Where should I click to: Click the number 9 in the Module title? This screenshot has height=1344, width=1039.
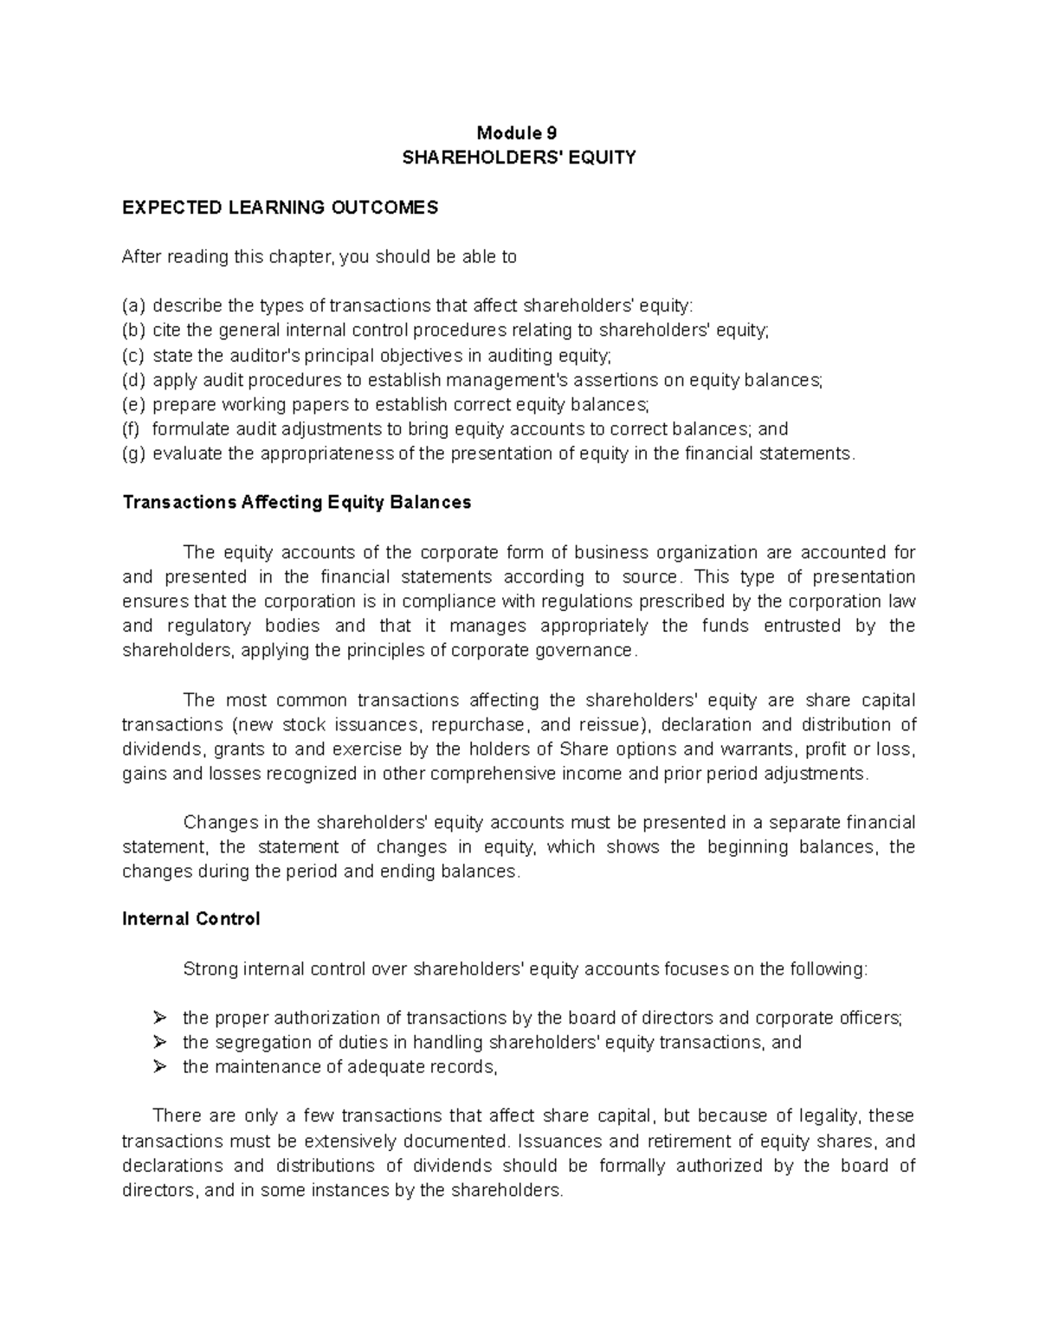point(551,133)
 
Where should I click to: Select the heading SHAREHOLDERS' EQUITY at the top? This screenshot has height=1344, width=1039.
point(519,158)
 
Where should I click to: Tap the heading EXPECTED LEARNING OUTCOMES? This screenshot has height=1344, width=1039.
point(281,207)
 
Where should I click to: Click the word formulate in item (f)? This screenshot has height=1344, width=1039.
point(186,429)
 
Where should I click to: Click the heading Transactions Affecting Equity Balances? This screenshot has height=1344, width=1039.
point(296,503)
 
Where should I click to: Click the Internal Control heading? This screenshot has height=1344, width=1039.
point(190,919)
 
